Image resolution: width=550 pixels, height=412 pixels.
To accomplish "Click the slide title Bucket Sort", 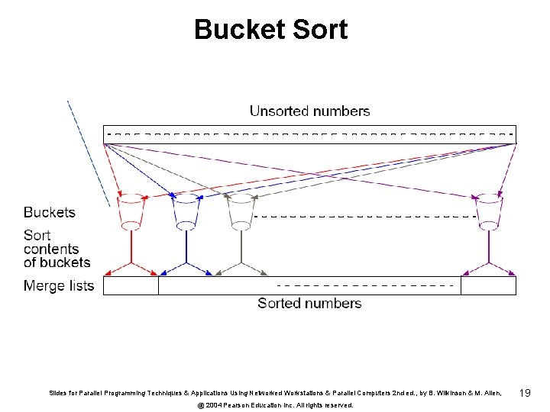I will pyautogui.click(x=270, y=30).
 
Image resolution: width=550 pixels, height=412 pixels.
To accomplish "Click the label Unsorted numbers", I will pyautogui.click(x=309, y=111).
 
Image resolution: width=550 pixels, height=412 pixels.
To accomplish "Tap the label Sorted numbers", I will pyautogui.click(x=309, y=304).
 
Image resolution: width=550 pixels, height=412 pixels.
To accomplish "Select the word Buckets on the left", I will pyautogui.click(x=50, y=212).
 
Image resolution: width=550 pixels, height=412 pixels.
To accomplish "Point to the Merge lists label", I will pyautogui.click(x=59, y=286).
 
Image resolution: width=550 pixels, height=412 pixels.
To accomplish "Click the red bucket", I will pyautogui.click(x=131, y=211).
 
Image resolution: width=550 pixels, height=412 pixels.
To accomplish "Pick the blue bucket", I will pyautogui.click(x=186, y=211).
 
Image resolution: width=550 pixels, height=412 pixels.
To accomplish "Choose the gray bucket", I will pyautogui.click(x=241, y=211).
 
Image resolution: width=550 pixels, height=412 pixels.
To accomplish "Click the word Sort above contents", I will pyautogui.click(x=37, y=235).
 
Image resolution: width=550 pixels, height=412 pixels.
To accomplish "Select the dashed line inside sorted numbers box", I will pyautogui.click(x=367, y=285).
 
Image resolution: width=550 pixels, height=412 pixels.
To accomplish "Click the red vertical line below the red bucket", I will pyautogui.click(x=131, y=246).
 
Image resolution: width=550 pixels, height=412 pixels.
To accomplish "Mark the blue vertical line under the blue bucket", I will pyautogui.click(x=186, y=246).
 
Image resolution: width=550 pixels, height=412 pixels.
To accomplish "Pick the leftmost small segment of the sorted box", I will pyautogui.click(x=131, y=286).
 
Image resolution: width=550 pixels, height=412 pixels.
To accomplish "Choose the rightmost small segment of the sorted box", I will pyautogui.click(x=488, y=286).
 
